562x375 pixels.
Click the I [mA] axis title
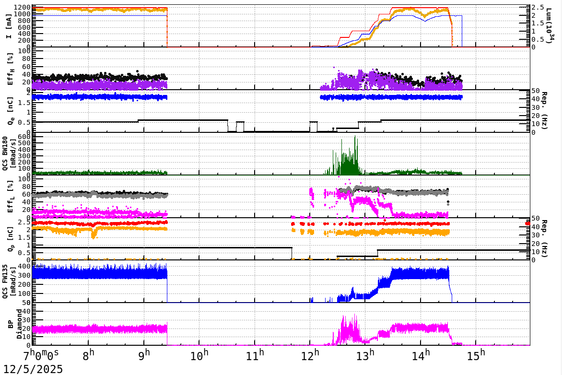[9, 25]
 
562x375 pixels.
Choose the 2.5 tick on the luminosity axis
[539, 8]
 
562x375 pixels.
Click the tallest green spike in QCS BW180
[355, 137]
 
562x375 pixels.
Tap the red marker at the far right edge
[528, 223]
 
